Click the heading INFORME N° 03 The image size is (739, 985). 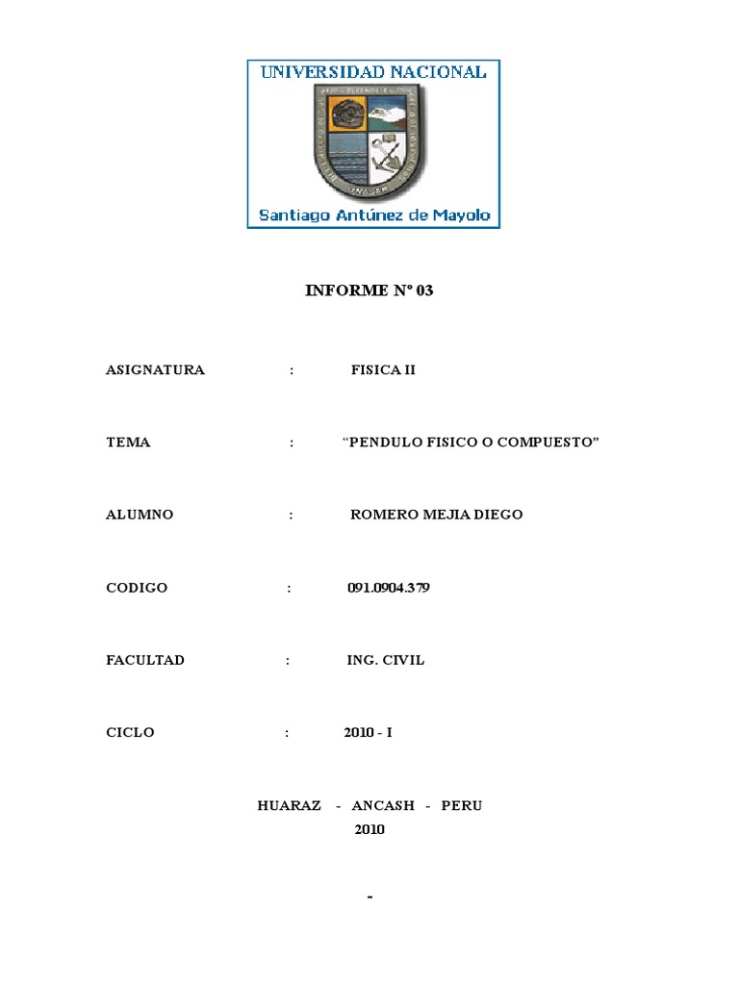(369, 290)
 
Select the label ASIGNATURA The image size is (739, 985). (155, 370)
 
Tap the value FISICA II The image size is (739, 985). (383, 370)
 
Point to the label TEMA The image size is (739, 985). (128, 442)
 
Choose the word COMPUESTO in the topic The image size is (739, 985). (548, 442)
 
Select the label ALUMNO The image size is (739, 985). (140, 515)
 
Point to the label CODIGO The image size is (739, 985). (137, 588)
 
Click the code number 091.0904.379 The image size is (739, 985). (389, 588)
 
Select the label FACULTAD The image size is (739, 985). (145, 661)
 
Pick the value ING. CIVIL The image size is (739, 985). (386, 661)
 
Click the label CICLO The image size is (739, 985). (130, 733)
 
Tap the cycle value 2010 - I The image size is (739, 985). (369, 733)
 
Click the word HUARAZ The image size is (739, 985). (290, 806)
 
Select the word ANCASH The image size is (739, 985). (381, 806)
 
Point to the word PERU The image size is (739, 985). (462, 806)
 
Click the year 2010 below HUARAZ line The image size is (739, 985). (369, 829)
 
